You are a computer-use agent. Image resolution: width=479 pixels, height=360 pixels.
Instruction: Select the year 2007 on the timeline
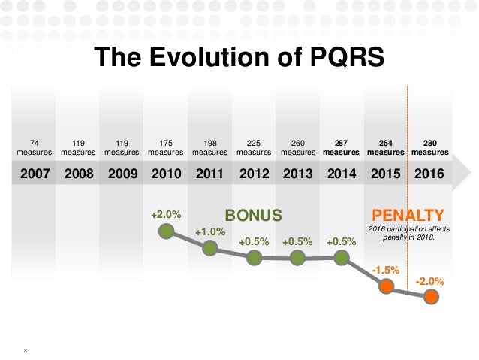(35, 174)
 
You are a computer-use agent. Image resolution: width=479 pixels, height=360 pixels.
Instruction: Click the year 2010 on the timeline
(167, 174)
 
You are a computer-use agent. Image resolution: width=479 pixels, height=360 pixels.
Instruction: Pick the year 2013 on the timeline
(298, 174)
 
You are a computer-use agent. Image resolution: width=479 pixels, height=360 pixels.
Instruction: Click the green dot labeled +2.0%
(166, 231)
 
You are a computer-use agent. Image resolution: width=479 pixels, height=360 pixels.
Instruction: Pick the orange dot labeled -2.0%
(430, 296)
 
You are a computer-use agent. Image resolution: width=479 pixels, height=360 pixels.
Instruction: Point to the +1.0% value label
(210, 232)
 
